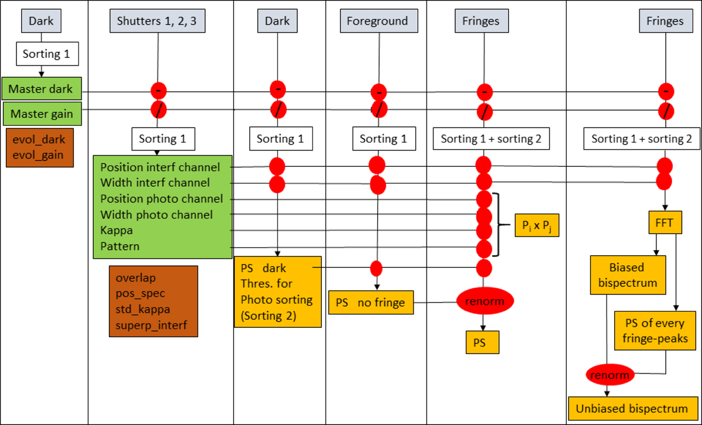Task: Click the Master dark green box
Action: [42, 90]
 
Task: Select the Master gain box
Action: [42, 114]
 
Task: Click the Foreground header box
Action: [377, 22]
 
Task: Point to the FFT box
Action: [665, 223]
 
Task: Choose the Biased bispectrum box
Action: [627, 275]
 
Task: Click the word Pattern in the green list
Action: [120, 246]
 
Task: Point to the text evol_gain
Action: [40, 155]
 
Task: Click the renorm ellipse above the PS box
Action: [485, 301]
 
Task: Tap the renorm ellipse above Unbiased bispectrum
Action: [608, 374]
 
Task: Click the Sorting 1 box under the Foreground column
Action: [384, 139]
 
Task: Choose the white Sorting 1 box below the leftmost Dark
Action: [46, 54]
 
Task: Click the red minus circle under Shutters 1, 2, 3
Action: [159, 90]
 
